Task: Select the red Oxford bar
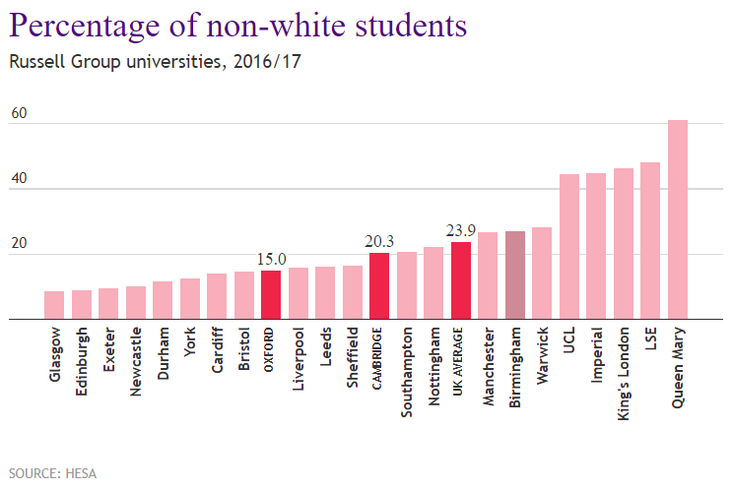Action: point(271,294)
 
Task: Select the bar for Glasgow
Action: point(54,305)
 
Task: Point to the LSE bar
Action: point(650,241)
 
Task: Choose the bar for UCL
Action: point(568,246)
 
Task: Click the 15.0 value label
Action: point(271,259)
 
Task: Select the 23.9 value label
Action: point(461,230)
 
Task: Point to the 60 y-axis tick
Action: point(19,113)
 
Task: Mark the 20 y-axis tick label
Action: point(19,244)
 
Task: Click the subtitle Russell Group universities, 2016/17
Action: point(155,62)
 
